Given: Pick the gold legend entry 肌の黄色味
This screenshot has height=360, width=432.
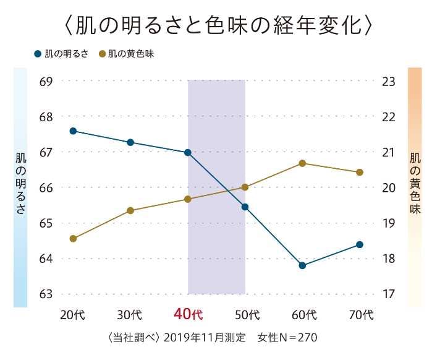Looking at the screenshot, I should [x=130, y=54].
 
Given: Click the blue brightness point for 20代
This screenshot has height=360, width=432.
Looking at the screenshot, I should [x=73, y=131].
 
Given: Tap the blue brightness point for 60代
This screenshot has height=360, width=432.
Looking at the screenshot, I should [x=302, y=265].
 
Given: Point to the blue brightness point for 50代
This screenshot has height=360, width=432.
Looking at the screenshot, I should [x=245, y=207].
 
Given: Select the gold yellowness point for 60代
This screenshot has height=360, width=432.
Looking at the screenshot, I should [x=302, y=163].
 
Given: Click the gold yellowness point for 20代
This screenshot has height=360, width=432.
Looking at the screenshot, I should [x=73, y=238].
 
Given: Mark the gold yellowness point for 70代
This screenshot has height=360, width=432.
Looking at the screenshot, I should [x=360, y=172].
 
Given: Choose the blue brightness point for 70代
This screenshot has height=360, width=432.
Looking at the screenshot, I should [x=360, y=244].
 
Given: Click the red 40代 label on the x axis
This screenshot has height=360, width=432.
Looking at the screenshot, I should [x=188, y=314].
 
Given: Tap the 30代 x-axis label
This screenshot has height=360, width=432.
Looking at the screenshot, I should [x=130, y=314].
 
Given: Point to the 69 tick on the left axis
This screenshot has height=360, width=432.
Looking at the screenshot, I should [x=46, y=81].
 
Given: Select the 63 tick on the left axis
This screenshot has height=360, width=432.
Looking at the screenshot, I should [x=46, y=294].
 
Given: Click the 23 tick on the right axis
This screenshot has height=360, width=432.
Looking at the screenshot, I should [x=388, y=81].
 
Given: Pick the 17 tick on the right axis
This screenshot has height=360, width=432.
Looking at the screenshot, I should [x=388, y=294].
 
